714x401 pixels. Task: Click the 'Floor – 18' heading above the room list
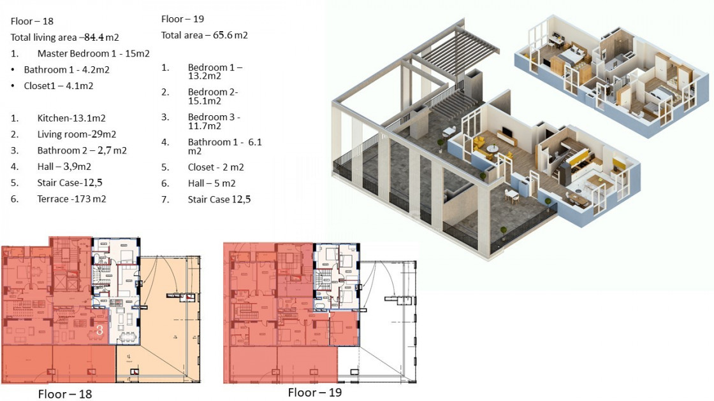tap(32, 22)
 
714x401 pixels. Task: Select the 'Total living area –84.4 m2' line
tap(64, 38)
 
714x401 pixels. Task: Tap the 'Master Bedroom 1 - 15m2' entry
tap(93, 53)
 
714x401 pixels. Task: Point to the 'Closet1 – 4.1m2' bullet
tap(58, 86)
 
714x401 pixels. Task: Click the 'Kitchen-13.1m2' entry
tap(71, 118)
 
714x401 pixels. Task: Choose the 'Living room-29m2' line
tap(76, 134)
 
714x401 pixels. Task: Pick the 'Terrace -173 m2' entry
tap(71, 199)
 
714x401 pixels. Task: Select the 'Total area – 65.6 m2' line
tap(205, 35)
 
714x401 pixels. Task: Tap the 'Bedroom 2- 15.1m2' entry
tap(213, 96)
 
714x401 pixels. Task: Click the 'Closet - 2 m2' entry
tap(216, 167)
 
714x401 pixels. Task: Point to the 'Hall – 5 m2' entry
tap(212, 183)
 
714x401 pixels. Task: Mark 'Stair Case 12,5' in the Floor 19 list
tap(219, 199)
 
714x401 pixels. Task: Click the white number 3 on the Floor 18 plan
tap(99, 329)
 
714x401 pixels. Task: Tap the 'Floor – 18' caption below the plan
tap(64, 394)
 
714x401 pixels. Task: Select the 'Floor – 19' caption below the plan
tap(315, 392)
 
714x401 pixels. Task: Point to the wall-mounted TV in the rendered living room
tap(506, 134)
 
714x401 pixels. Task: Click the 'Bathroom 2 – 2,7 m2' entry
tap(82, 150)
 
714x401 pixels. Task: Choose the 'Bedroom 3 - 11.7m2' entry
tap(214, 122)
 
